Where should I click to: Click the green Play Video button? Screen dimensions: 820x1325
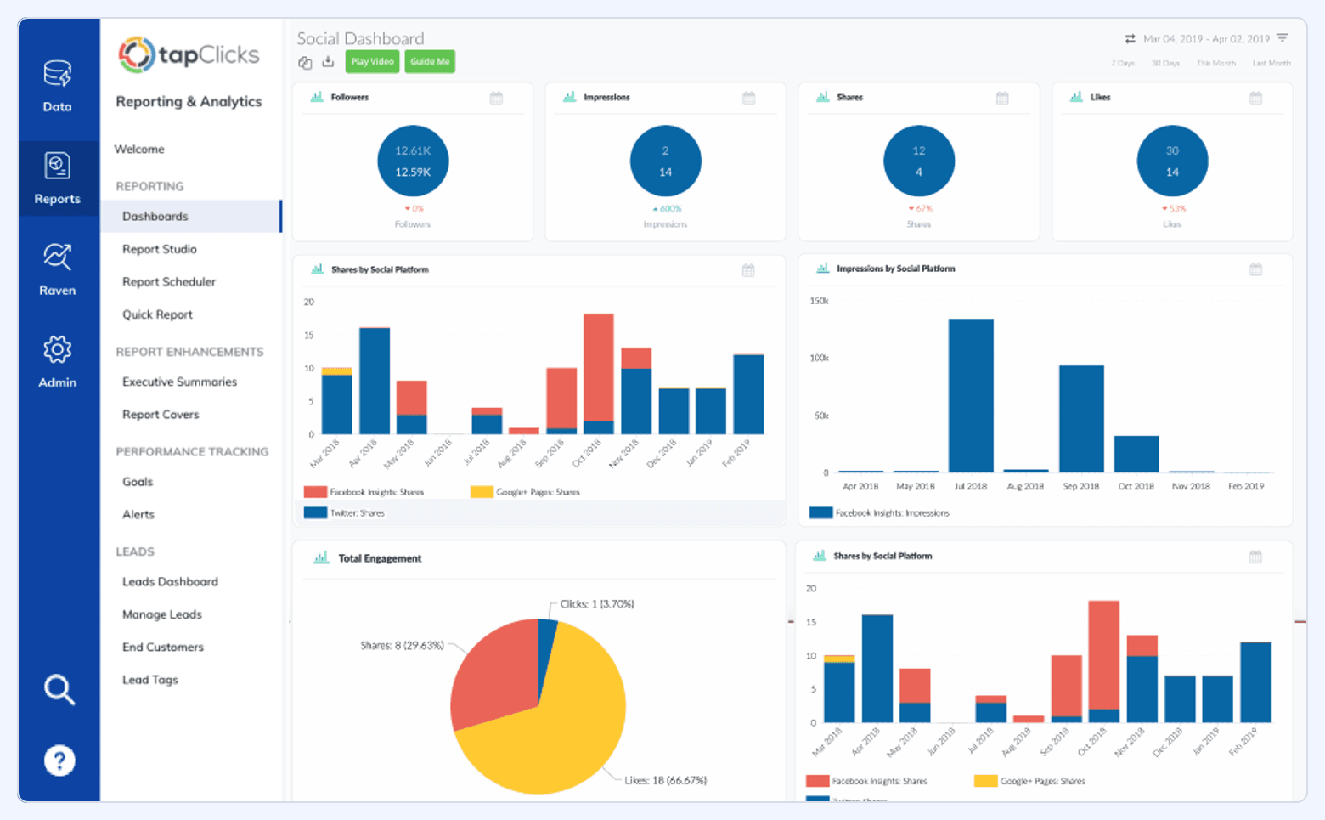372,61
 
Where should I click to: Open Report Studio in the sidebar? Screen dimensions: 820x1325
160,249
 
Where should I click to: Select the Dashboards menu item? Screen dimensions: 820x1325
155,217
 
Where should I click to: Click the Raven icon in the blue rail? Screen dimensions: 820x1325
57,257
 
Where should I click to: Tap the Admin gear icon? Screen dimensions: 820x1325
57,350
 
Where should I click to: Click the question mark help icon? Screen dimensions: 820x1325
59,760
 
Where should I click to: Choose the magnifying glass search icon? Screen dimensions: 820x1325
59,689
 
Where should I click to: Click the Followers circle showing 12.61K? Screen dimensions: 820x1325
413,161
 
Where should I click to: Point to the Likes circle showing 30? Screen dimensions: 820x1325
1171,161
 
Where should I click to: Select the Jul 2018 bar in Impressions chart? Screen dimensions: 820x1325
971,395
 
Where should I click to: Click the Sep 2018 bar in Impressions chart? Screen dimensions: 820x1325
1080,418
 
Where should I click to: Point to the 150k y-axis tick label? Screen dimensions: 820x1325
819,301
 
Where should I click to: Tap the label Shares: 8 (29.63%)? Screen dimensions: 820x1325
402,645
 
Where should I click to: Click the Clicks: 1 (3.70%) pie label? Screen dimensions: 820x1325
597,604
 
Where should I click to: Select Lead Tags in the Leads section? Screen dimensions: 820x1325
150,680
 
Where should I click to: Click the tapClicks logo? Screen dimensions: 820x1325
189,55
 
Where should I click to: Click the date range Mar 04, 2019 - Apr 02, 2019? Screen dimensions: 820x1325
1206,39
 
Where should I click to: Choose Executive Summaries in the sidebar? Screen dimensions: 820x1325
179,382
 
